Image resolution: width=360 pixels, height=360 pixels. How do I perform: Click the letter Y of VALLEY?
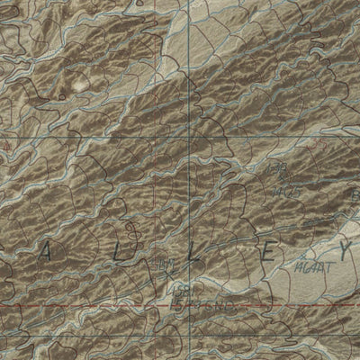(x=345, y=248)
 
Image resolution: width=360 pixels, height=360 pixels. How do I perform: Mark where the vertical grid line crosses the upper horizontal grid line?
(x=190, y=135)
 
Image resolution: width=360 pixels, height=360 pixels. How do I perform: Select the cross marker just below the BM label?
(x=162, y=273)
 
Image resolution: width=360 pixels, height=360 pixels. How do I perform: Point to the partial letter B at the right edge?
(x=355, y=193)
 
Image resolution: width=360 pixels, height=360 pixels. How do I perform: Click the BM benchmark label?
(x=162, y=264)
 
